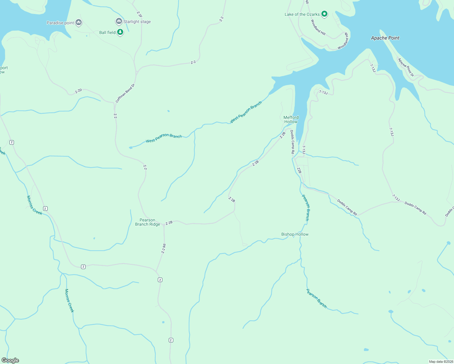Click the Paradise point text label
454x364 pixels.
60,23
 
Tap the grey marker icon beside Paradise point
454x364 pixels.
79,22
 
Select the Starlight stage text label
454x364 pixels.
137,22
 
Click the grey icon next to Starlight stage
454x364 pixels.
119,21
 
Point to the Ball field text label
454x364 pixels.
107,32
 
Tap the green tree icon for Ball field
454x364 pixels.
120,32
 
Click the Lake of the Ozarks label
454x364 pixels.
302,14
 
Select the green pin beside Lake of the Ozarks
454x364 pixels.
324,14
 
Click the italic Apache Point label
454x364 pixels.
385,38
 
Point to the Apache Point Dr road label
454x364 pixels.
406,67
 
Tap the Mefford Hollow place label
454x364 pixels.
291,120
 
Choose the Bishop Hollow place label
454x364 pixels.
295,234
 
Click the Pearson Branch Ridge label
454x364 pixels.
147,222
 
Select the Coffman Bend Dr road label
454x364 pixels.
125,93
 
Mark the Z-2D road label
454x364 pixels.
78,91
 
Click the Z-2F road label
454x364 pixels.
139,14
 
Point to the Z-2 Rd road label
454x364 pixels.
164,249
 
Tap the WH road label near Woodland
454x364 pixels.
346,35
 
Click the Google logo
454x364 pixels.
10,360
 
